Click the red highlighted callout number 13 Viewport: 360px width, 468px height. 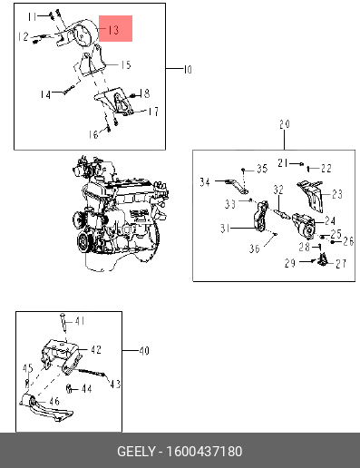113,30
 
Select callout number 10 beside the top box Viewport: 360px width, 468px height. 188,70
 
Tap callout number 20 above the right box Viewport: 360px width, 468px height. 285,124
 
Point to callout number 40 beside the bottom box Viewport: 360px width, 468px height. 144,351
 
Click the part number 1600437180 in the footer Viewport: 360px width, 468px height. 204,452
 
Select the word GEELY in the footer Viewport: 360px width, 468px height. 136,452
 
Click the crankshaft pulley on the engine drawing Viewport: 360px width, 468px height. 83,241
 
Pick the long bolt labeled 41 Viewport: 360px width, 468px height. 63,323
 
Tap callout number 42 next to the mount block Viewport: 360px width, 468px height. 96,350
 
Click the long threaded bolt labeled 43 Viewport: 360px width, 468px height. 92,372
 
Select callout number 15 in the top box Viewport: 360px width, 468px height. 126,65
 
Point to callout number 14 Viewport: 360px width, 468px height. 45,95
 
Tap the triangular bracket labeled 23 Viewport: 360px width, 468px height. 310,196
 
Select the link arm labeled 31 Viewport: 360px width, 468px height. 260,217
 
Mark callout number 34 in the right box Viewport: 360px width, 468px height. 205,182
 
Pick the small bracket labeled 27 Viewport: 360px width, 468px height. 323,260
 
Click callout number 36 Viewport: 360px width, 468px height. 255,249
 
